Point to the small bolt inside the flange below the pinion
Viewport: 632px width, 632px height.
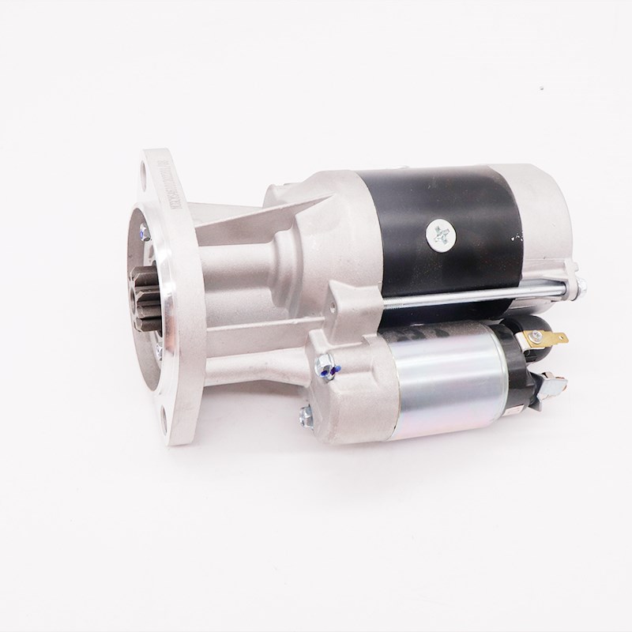(x=158, y=348)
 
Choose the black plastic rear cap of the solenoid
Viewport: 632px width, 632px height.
(x=525, y=371)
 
